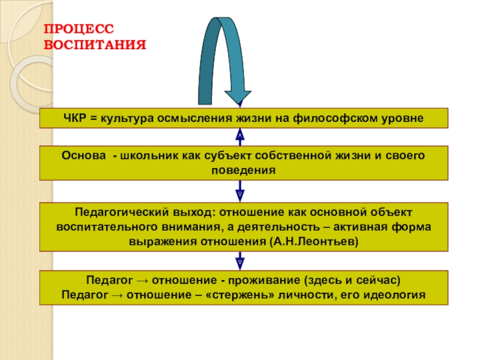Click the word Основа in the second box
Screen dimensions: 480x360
tap(80, 155)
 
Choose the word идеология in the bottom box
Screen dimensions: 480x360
tap(396, 295)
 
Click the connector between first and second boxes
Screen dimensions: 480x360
tap(240, 136)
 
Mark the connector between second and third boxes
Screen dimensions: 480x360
tap(240, 192)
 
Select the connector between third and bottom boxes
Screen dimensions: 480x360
tap(240, 261)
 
